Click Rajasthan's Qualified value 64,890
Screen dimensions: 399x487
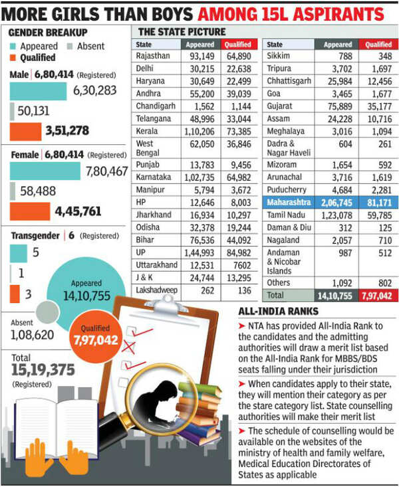[x=239, y=56]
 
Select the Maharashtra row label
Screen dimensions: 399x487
[x=289, y=203]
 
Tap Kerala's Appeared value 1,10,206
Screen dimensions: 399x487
[x=199, y=132]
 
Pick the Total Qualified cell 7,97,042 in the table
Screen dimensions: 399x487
[x=376, y=296]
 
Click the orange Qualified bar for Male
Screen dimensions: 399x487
[x=25, y=132]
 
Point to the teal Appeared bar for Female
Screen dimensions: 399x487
[x=45, y=171]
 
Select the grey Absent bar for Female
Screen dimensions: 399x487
[x=13, y=191]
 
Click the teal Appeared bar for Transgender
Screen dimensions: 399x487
[x=19, y=253]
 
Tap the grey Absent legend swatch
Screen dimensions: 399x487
[x=70, y=47]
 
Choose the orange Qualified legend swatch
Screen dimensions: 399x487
[x=13, y=57]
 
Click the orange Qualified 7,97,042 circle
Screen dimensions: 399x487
[x=95, y=336]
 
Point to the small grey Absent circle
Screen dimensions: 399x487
[x=47, y=312]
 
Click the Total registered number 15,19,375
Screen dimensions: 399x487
[x=43, y=370]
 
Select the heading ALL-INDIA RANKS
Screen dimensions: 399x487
[x=279, y=312]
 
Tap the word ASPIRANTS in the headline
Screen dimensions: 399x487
[x=338, y=15]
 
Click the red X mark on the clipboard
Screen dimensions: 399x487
[x=128, y=347]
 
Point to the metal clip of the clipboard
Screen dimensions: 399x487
[x=168, y=305]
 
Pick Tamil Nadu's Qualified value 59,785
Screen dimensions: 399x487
[x=380, y=215]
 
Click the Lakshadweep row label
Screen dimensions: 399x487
[x=156, y=290]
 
